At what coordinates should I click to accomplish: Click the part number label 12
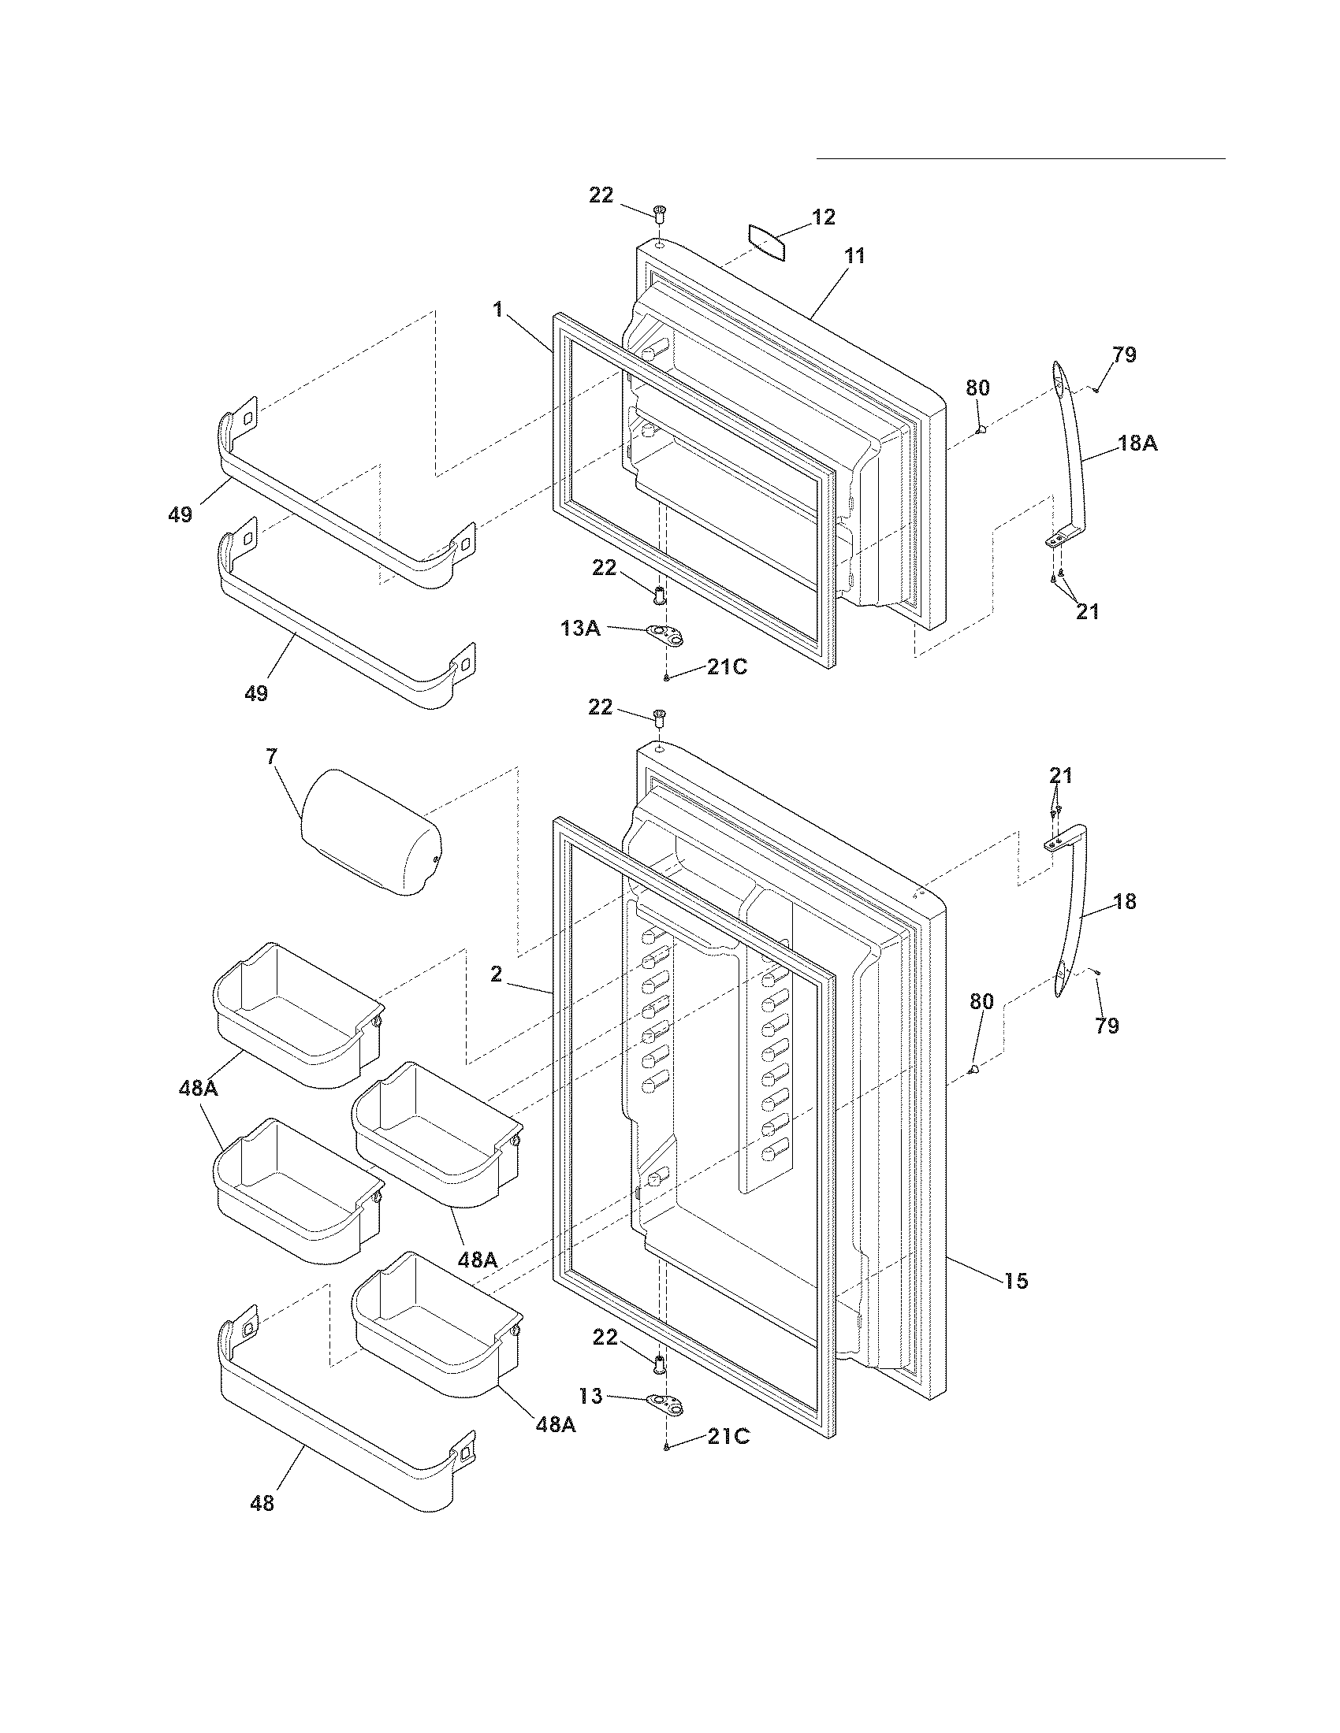(824, 217)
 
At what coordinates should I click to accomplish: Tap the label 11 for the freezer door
(854, 256)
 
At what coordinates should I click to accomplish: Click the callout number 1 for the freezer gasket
(497, 310)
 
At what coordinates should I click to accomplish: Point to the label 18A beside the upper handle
(1137, 443)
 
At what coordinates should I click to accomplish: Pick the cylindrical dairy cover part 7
(370, 832)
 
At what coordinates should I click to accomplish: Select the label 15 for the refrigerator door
(1016, 1280)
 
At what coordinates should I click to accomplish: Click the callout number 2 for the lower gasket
(496, 974)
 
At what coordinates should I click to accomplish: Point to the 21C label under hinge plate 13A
(728, 667)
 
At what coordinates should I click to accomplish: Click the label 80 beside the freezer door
(977, 388)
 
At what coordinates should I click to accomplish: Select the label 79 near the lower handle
(1107, 1026)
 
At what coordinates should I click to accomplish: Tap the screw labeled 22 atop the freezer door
(659, 213)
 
